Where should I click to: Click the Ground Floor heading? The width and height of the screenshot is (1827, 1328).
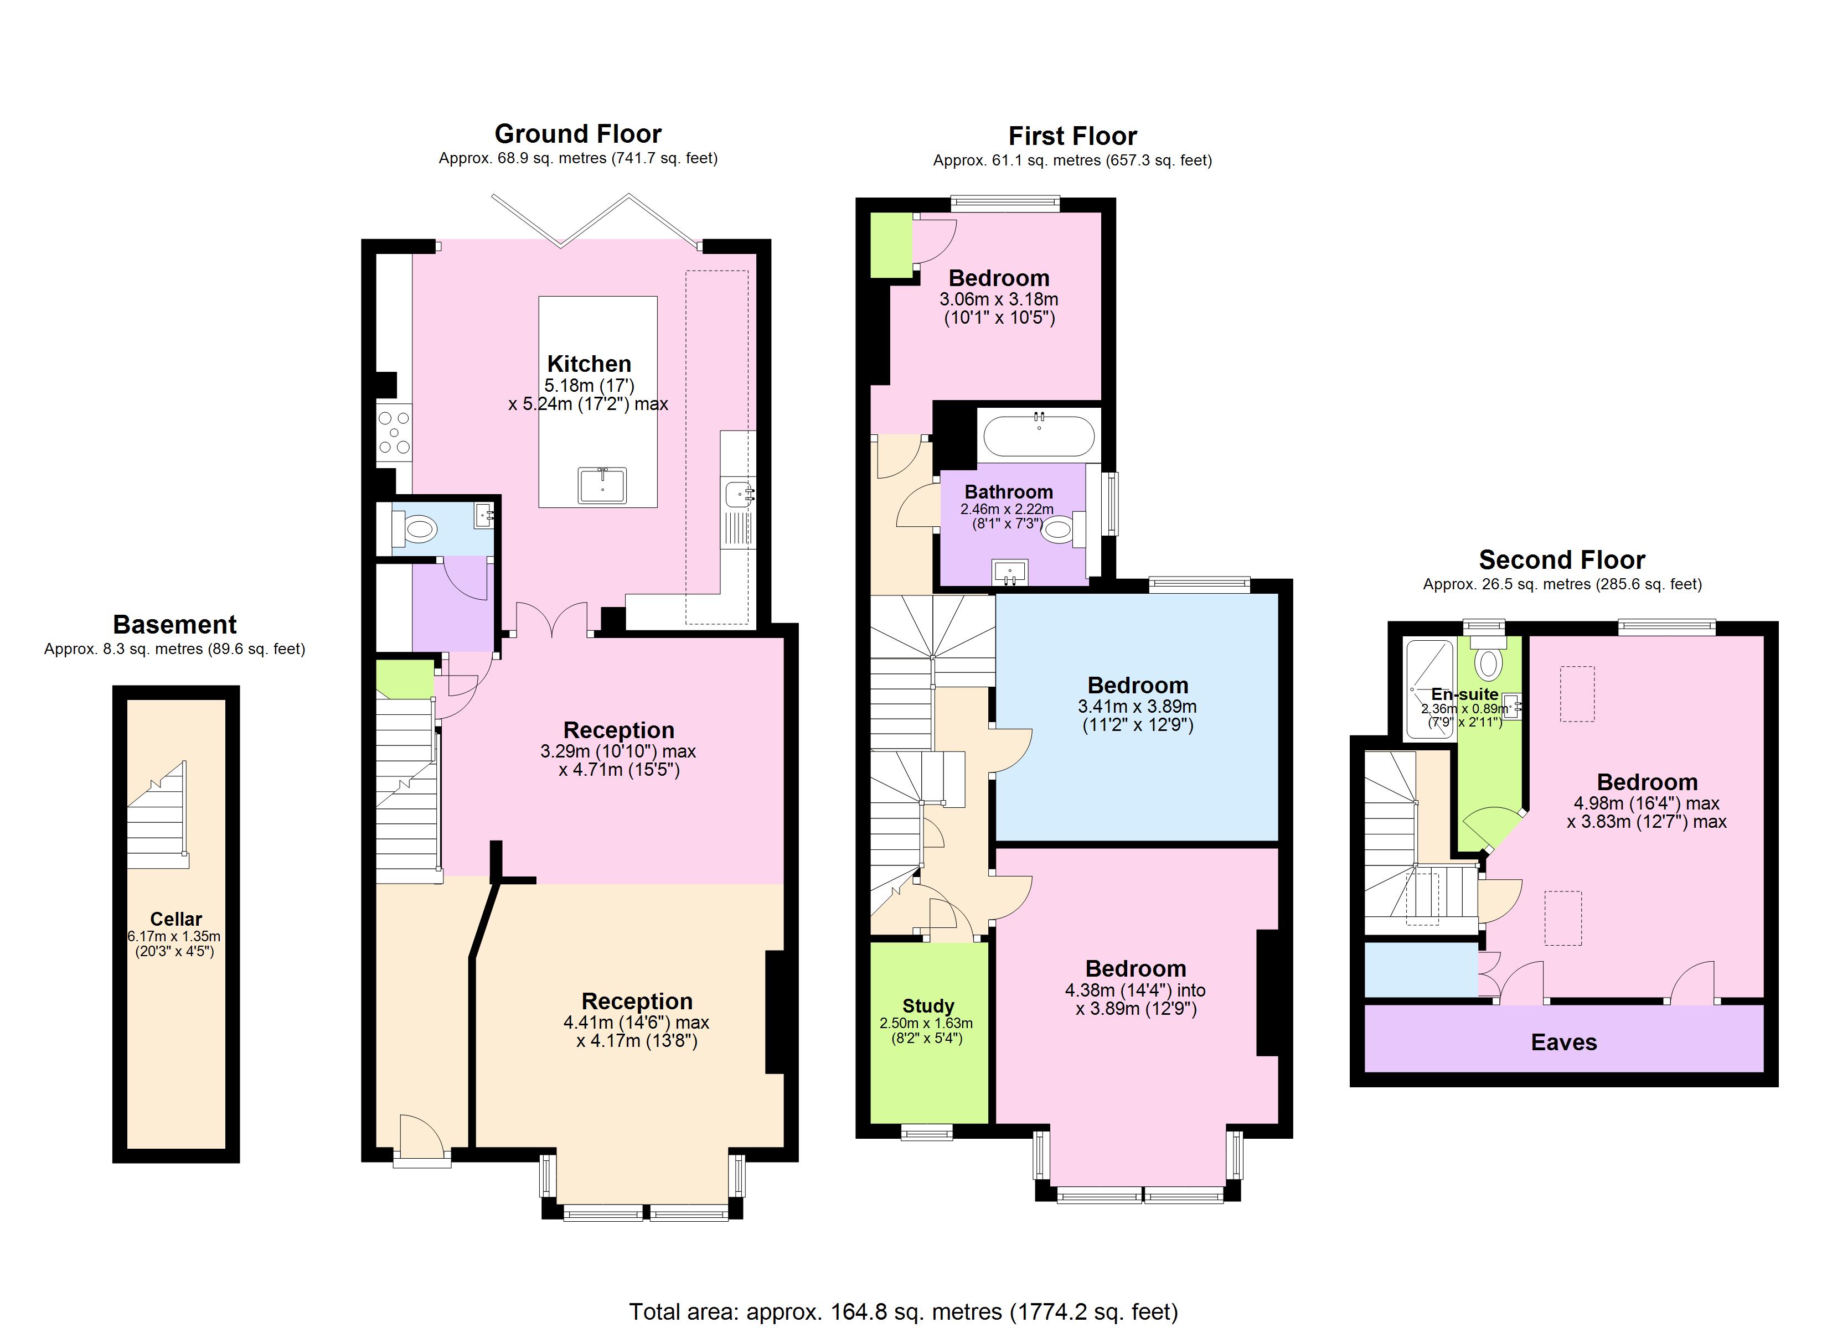click(577, 134)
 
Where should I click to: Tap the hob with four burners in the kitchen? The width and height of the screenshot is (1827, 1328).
click(394, 433)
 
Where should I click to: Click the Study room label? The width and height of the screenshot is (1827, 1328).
click(927, 1006)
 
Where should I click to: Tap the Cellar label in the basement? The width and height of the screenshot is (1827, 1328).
click(176, 919)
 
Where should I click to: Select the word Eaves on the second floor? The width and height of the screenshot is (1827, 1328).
click(1563, 1043)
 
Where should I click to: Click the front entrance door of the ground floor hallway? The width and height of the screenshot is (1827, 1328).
click(422, 1139)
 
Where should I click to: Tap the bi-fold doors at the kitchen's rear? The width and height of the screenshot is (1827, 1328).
click(596, 219)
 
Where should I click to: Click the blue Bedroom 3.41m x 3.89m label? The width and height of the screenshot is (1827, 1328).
click(1137, 686)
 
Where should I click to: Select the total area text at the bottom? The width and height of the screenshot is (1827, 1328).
click(902, 1312)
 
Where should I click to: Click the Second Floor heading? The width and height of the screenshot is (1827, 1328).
click(1561, 560)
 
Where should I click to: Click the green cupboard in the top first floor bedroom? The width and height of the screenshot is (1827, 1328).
click(890, 246)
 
